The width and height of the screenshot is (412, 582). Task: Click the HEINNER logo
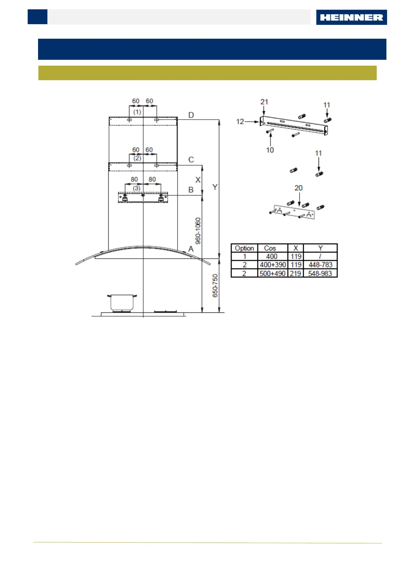coord(351,17)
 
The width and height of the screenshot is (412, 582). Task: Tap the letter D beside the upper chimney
coord(191,115)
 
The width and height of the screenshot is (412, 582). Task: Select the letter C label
coord(191,160)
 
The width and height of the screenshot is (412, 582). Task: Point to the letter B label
coord(191,190)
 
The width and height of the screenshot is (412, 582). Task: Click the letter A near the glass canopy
coord(191,249)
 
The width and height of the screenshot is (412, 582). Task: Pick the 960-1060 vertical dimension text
coord(198,231)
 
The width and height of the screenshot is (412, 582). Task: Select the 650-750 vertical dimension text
coord(215,285)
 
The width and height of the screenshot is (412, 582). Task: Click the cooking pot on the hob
coord(122,303)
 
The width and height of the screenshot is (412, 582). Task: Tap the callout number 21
coord(264,102)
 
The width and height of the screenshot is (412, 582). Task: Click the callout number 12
coord(240,122)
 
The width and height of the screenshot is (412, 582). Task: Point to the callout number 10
coord(270,150)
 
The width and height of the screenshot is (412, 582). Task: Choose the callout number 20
coord(298,188)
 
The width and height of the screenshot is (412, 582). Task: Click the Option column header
coord(244,248)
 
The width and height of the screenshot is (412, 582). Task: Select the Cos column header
coord(270,248)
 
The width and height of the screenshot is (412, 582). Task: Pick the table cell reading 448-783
coord(320,265)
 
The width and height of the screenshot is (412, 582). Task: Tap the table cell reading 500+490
coord(273,273)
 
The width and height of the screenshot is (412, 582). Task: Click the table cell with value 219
coord(295,273)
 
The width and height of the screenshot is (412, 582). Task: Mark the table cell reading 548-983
coord(320,273)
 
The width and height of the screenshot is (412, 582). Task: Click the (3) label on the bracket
coord(137,188)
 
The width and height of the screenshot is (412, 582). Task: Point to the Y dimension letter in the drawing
coord(215,187)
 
